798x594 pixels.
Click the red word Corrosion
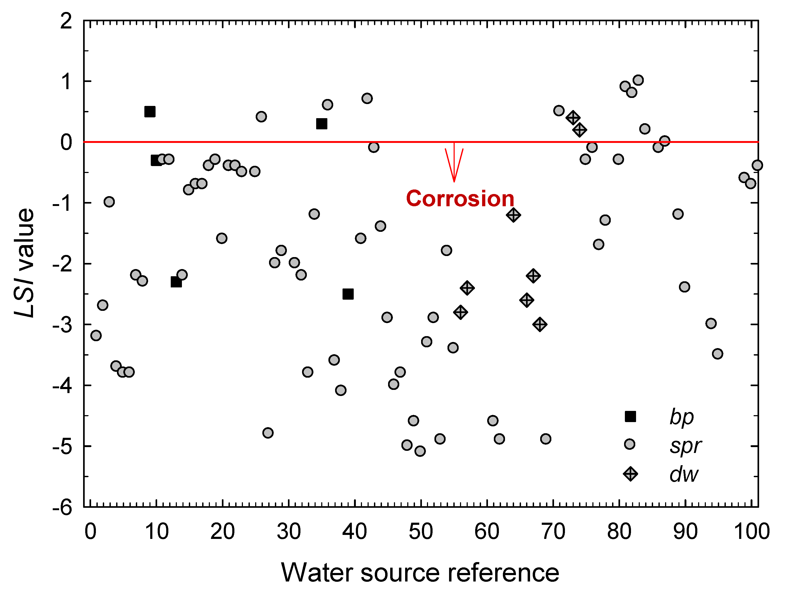(x=460, y=199)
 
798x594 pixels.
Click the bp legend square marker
(x=630, y=416)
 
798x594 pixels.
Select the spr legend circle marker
(x=629, y=444)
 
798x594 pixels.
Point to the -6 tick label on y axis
(x=62, y=507)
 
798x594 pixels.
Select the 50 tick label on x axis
(x=420, y=531)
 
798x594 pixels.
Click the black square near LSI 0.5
(x=150, y=112)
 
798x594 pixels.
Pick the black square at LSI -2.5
(x=348, y=294)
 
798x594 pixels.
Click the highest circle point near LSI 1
(x=638, y=80)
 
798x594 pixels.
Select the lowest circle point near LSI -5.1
(x=420, y=451)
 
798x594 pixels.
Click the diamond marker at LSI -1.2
(x=513, y=215)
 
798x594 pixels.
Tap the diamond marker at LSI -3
(x=540, y=324)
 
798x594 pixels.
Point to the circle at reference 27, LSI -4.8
(x=268, y=432)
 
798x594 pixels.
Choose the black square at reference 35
(x=322, y=124)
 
